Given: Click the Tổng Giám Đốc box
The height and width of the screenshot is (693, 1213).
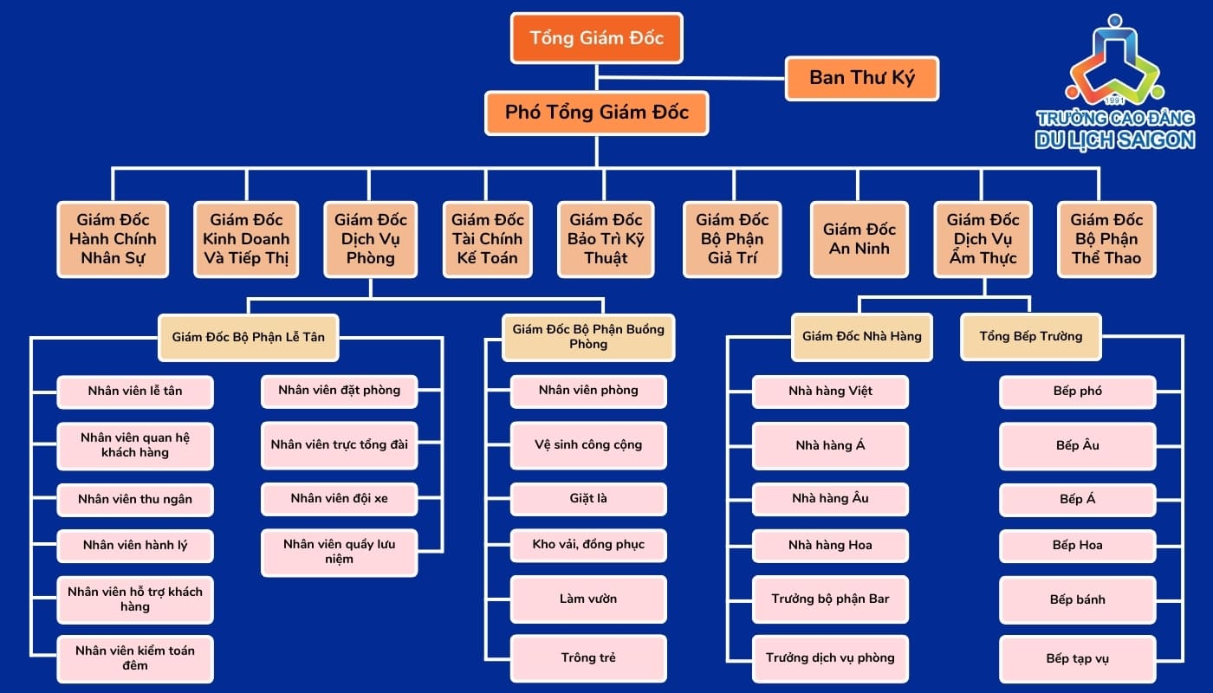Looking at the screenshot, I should (x=596, y=38).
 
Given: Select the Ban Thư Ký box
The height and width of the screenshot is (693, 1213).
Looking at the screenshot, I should (x=861, y=78).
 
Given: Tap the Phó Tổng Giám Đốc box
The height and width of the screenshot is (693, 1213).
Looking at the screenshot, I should (x=596, y=113).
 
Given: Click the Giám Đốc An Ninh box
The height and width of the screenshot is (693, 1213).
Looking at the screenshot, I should (x=859, y=239).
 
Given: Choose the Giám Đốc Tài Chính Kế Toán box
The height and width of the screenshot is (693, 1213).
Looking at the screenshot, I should (x=487, y=239).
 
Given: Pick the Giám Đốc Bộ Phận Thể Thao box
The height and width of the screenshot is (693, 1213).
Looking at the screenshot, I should (x=1106, y=239).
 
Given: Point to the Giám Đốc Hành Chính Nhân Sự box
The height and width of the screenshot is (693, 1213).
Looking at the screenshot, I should (x=113, y=239).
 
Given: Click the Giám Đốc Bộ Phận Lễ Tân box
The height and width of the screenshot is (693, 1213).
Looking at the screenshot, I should (x=249, y=336).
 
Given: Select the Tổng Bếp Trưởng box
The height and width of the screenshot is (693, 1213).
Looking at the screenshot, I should (x=1030, y=336).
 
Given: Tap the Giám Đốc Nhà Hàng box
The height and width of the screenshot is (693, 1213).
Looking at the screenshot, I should (x=861, y=336).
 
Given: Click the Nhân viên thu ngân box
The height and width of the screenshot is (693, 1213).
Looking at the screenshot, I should (x=135, y=499).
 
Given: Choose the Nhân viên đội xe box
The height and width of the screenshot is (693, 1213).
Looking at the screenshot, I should (x=339, y=498).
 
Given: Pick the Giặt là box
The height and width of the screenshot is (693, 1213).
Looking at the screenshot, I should (x=588, y=498).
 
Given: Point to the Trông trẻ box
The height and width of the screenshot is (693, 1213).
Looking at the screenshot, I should (x=588, y=657).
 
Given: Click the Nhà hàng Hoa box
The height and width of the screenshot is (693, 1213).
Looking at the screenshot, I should (x=830, y=545).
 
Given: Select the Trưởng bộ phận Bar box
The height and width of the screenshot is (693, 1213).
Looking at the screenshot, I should (x=830, y=599).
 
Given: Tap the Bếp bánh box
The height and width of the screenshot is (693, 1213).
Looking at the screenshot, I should (x=1077, y=599).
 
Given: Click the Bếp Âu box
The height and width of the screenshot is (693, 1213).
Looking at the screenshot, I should (x=1077, y=445).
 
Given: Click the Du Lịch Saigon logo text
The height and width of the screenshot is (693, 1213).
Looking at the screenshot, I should (x=1114, y=139).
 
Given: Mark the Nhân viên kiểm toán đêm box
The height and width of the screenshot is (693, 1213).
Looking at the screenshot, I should (x=135, y=657).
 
